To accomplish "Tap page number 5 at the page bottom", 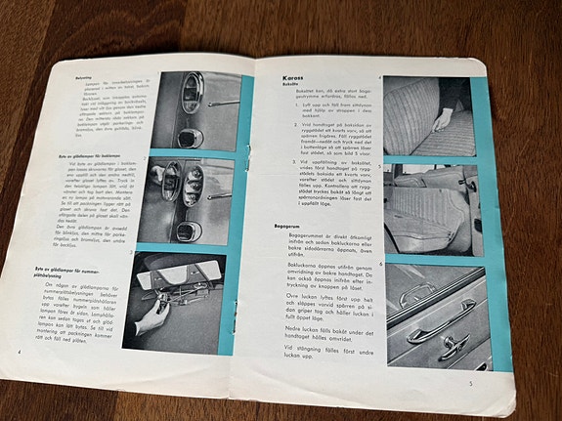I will (471, 384).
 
